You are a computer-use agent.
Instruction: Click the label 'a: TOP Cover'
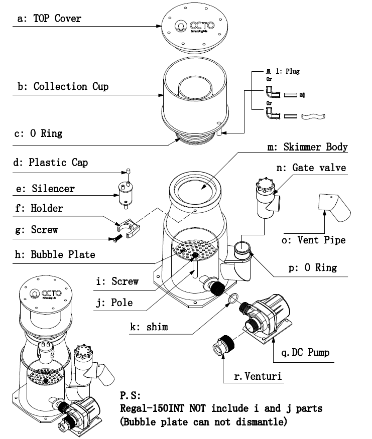[x=49, y=19]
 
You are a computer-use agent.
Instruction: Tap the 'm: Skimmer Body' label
[x=308, y=147]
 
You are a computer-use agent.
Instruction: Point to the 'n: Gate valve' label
[x=319, y=168]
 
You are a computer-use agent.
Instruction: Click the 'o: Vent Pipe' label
[x=321, y=240]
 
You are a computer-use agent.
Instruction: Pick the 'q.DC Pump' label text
[x=305, y=353]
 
